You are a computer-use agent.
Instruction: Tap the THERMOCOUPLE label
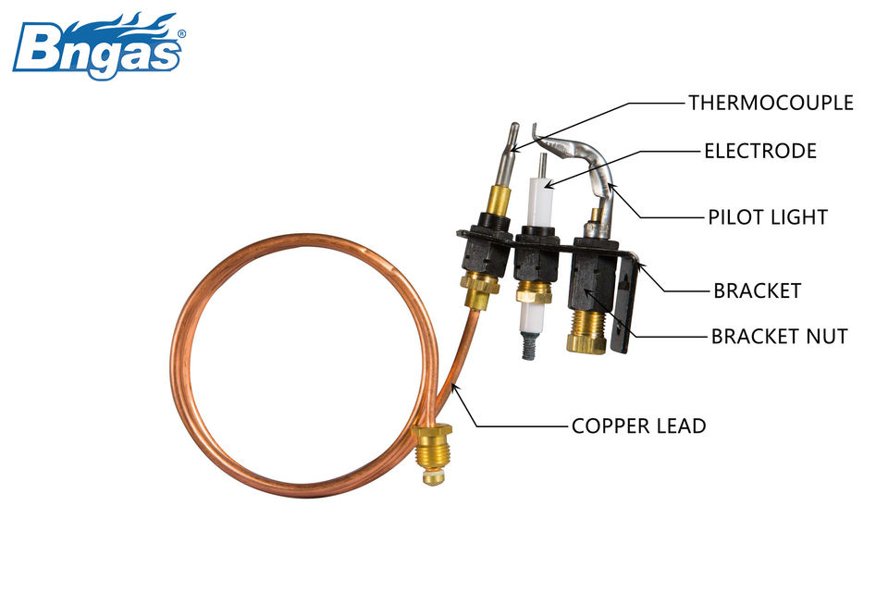pos(771,103)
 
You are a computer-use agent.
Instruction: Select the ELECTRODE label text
pos(759,151)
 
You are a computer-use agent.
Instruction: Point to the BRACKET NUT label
pos(779,337)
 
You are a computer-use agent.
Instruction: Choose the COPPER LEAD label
pos(638,426)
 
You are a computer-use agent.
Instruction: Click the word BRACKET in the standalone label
pos(757,290)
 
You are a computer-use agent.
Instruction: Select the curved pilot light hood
pos(583,157)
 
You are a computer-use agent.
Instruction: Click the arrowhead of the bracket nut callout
pos(588,295)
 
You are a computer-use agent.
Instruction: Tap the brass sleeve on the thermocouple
pos(499,199)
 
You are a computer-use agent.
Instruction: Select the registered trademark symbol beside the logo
pos(180,33)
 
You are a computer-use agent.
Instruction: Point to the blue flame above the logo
pos(120,21)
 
